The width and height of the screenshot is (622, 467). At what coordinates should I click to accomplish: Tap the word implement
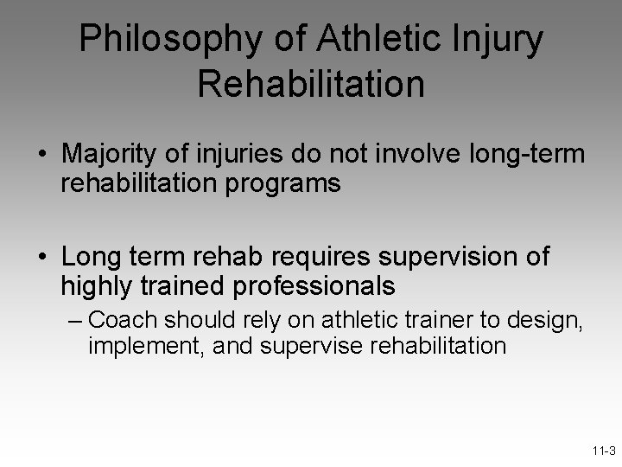pyautogui.click(x=133, y=345)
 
